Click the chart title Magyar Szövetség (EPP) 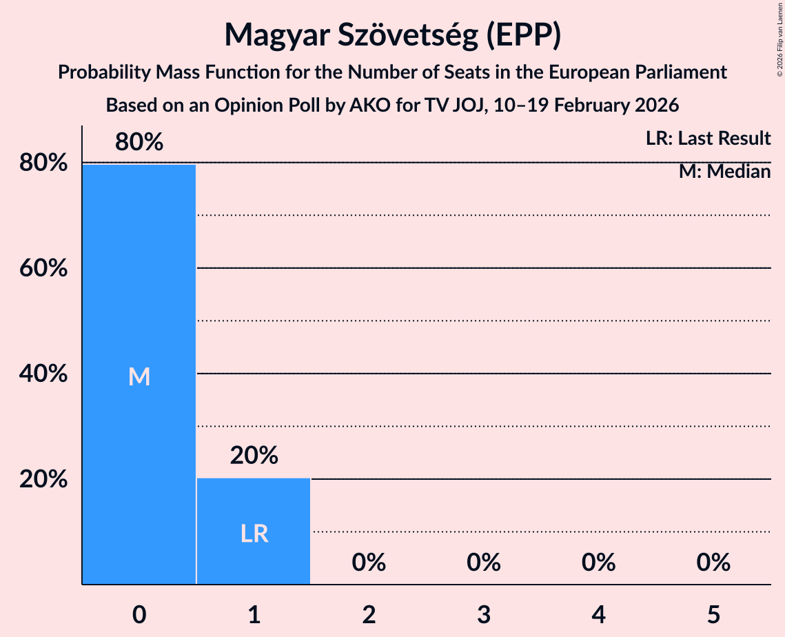tap(392, 34)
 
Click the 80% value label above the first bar tap(139, 142)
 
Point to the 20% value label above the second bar tap(254, 455)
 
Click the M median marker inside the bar tap(139, 376)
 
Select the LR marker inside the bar tap(254, 534)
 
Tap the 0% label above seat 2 tap(369, 563)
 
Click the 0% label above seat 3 tap(483, 563)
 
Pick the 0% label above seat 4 tap(598, 563)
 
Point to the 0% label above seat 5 tap(713, 563)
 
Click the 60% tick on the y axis tap(43, 268)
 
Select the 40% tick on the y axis tap(43, 374)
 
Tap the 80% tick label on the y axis tap(43, 163)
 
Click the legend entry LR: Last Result tap(708, 139)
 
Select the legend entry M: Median tap(724, 172)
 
